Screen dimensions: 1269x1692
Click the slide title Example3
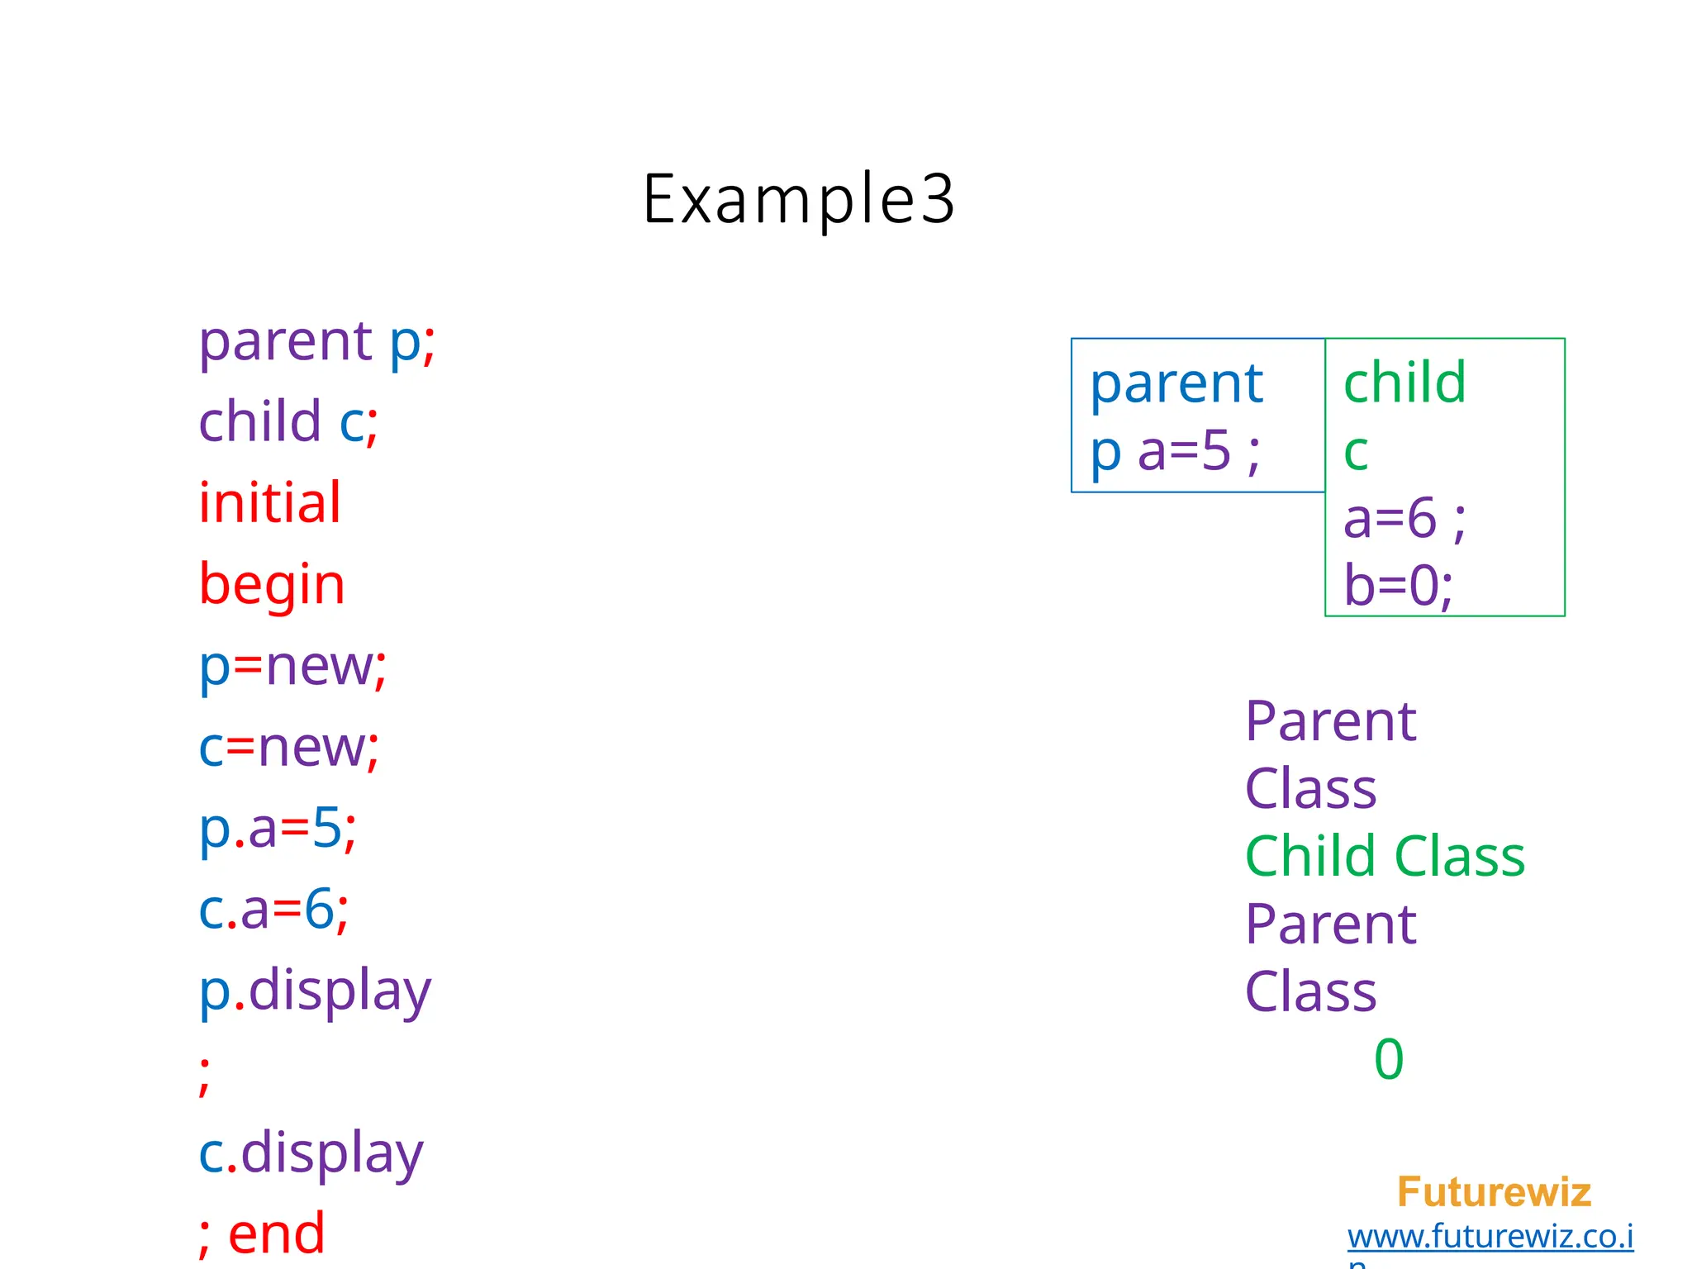tap(798, 199)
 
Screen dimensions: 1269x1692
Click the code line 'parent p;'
tap(316, 340)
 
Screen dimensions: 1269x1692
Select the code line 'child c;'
tap(288, 421)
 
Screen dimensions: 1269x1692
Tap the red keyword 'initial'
tap(269, 502)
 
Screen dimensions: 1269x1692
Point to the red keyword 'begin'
tap(272, 584)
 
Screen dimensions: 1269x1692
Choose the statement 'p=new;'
tap(292, 665)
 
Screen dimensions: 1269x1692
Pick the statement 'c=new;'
tap(288, 747)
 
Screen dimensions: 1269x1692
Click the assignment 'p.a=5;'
tap(278, 828)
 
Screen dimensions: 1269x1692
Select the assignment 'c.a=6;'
tap(273, 909)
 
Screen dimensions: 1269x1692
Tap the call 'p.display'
tap(315, 991)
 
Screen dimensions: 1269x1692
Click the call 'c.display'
tap(311, 1153)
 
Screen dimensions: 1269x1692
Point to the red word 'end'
tap(276, 1234)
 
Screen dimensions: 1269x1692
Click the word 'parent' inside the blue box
tap(1176, 384)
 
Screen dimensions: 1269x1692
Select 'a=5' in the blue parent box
tap(1184, 452)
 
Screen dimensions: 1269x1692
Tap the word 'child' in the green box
tap(1404, 383)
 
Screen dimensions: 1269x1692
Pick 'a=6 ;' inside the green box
tap(1404, 519)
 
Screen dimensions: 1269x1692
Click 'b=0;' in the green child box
tap(1398, 586)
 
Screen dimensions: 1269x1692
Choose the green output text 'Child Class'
tap(1385, 856)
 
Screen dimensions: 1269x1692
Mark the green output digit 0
tap(1389, 1059)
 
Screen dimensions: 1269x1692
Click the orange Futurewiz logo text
tap(1494, 1192)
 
